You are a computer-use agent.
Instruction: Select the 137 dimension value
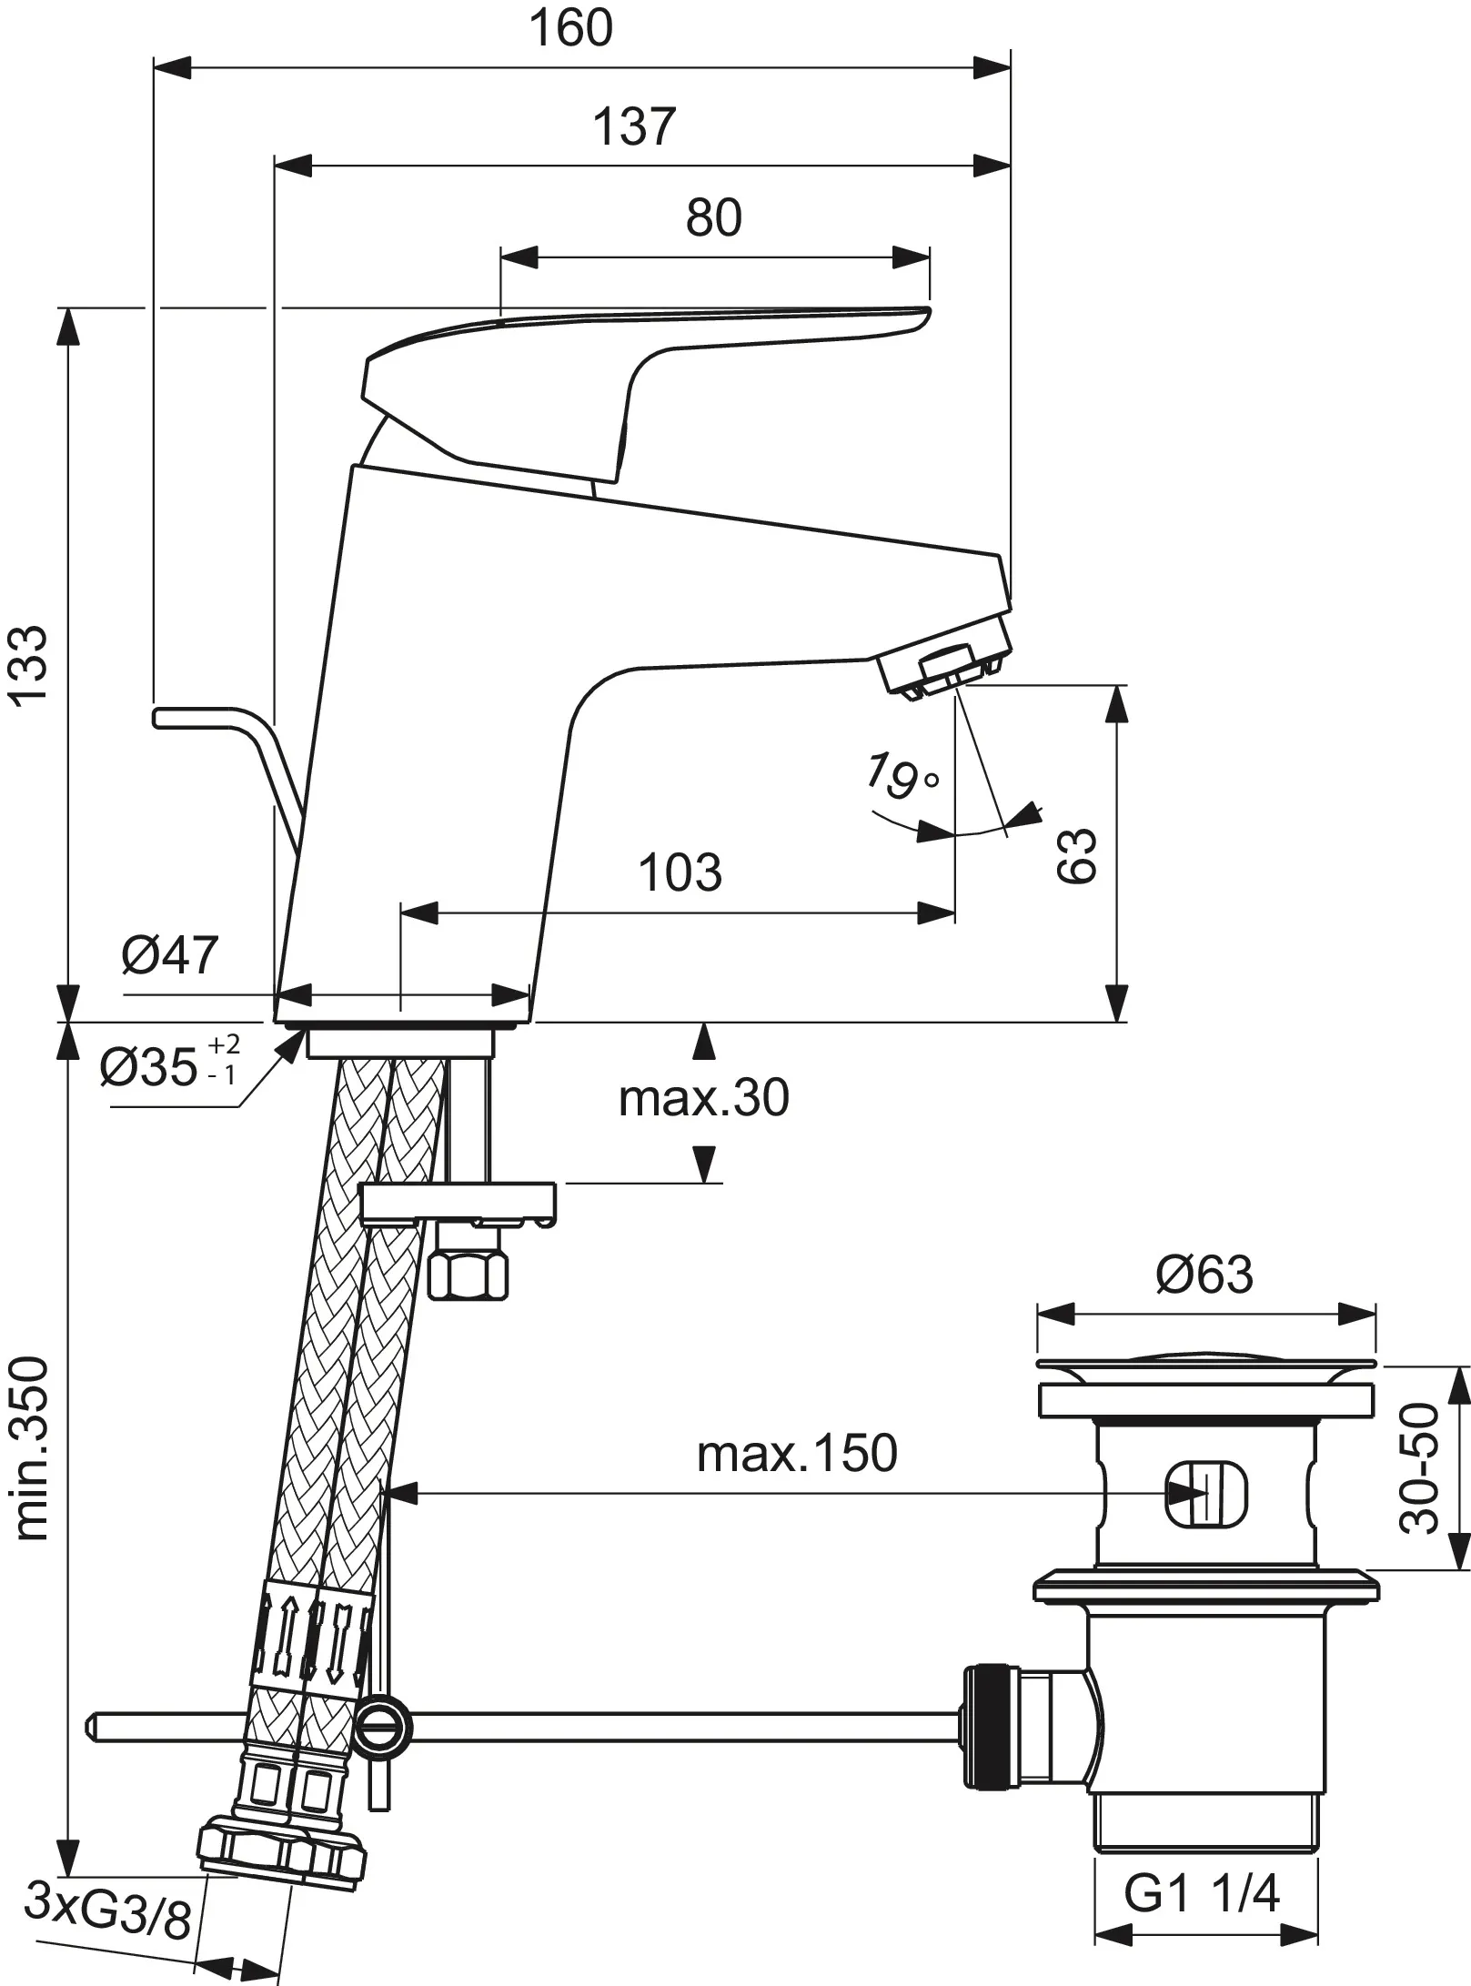(x=634, y=126)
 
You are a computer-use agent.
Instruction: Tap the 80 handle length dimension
(x=713, y=218)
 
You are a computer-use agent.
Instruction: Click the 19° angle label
(x=902, y=775)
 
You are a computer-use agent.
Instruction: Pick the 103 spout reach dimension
(x=680, y=872)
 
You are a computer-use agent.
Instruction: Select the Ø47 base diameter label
(x=170, y=954)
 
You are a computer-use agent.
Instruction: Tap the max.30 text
(x=703, y=1098)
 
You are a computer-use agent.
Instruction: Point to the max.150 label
(x=796, y=1454)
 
